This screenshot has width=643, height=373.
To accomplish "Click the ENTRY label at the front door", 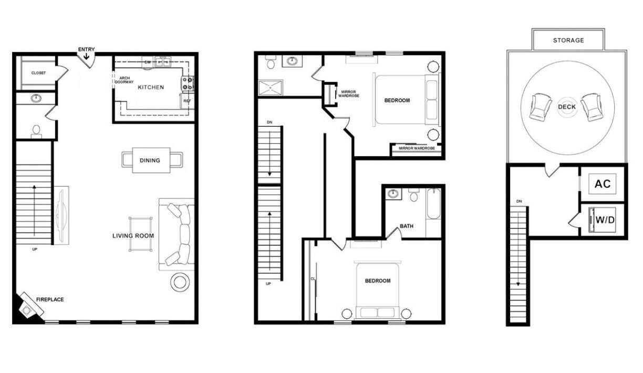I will (x=87, y=49).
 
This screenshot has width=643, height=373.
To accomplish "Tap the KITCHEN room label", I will (x=151, y=87).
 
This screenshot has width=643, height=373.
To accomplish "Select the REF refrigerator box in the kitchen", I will (x=187, y=100).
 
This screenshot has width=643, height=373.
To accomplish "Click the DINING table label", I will (x=150, y=160).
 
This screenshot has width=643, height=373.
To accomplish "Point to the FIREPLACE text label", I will (x=50, y=299).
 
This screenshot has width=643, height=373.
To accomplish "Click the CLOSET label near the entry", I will (x=38, y=73).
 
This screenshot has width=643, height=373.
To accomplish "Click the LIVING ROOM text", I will (x=133, y=236).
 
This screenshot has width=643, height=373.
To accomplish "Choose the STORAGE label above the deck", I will (x=568, y=41).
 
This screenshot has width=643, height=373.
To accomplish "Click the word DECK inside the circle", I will (x=567, y=107).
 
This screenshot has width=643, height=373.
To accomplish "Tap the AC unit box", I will (x=603, y=184).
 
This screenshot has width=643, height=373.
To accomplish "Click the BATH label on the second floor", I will (x=407, y=226).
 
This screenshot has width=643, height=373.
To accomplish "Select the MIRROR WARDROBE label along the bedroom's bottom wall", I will (x=417, y=148).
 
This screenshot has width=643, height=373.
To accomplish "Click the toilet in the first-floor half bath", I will (x=36, y=130).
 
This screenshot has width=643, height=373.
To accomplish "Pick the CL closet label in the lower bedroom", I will (x=313, y=279).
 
